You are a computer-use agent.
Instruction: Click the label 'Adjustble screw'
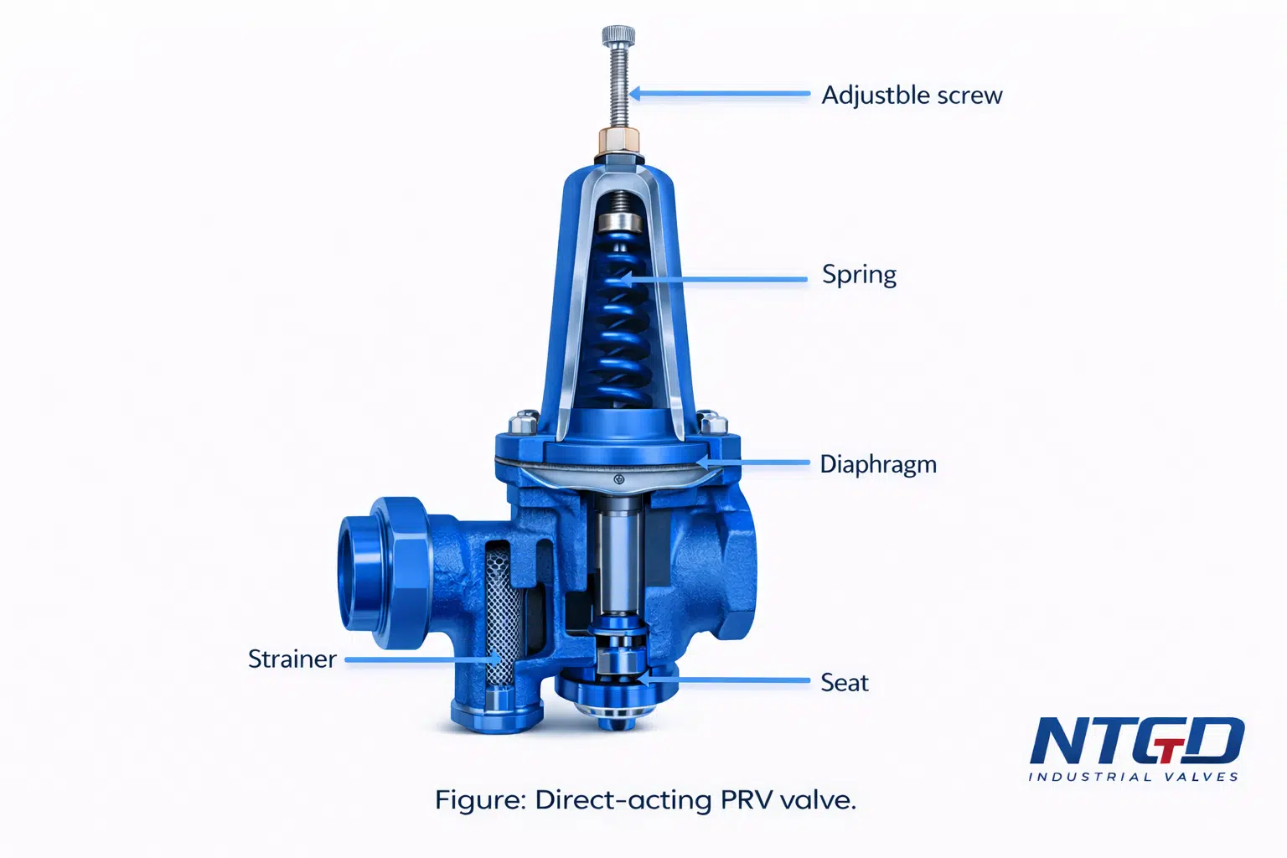coord(912,95)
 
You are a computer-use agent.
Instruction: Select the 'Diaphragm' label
coord(878,464)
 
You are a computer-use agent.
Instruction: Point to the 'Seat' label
coord(844,683)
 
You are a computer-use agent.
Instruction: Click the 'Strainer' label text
coord(292,659)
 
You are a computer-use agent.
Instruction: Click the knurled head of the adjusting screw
coord(618,36)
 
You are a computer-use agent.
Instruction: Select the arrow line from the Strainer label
coord(422,659)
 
